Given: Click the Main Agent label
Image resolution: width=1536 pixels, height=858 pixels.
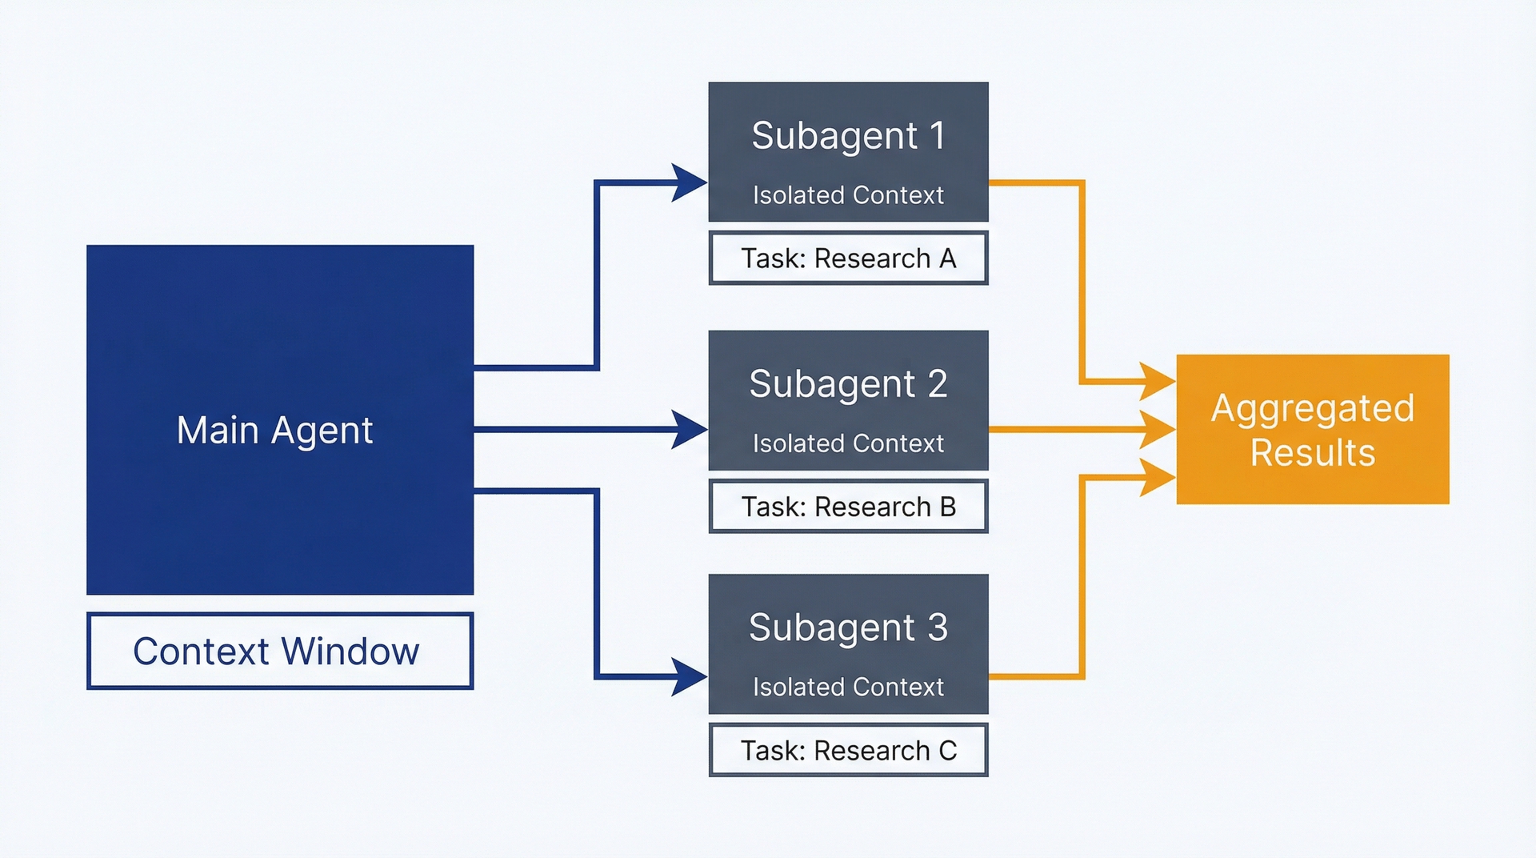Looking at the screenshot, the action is point(274,431).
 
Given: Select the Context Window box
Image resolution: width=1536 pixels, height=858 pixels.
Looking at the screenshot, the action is point(280,651).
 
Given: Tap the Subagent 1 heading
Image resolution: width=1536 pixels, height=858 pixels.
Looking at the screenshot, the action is point(848,135).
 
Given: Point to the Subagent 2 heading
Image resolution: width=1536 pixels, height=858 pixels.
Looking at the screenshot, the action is point(848,383).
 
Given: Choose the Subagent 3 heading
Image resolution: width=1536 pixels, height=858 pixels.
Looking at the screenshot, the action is point(848,627).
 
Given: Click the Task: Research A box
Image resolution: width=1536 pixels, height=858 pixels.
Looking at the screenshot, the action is point(849,258).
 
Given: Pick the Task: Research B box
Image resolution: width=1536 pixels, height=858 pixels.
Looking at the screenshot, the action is point(849,506).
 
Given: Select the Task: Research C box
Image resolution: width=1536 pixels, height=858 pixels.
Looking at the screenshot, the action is point(849,750).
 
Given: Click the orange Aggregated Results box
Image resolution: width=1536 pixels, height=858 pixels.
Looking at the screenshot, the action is point(1313,429).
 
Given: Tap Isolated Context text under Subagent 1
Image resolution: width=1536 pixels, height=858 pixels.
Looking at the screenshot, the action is point(848,194).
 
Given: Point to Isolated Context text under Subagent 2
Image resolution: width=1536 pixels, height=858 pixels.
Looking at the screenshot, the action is point(848,443).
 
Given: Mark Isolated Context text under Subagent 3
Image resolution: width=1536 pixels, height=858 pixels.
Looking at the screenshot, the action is point(848,687).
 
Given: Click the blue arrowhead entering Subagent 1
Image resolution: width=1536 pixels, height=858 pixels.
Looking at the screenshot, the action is point(689,183).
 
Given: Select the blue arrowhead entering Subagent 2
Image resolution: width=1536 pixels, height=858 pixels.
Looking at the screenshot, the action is point(689,430).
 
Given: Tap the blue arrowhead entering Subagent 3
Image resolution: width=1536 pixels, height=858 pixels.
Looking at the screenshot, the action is point(689,677).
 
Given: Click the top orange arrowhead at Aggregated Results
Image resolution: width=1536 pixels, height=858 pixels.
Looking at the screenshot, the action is point(1158,382).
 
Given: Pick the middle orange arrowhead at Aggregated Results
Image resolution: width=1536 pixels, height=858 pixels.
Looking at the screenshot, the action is point(1158,430).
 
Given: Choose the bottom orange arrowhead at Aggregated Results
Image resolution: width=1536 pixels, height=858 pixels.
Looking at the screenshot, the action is point(1158,478).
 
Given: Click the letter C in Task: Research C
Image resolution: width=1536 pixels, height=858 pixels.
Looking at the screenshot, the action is point(947,751).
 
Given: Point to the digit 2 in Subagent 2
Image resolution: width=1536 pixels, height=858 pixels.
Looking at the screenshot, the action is point(938,383).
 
